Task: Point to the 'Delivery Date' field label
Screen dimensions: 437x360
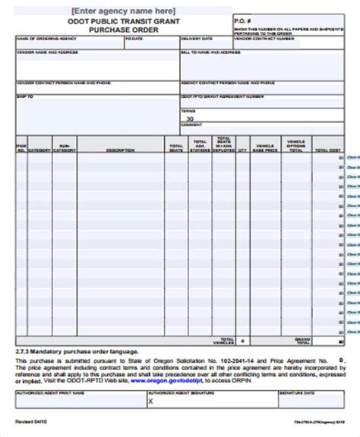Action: coord(195,38)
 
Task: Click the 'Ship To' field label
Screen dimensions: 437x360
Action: coord(24,96)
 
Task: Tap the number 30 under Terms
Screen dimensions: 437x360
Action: coord(190,118)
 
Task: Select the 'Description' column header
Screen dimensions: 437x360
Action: coord(120,149)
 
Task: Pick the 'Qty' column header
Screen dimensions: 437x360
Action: coord(242,149)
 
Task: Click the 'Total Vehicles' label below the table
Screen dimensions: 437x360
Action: coord(225,341)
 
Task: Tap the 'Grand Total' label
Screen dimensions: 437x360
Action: coord(303,341)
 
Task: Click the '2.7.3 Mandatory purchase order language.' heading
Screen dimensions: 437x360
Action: coord(77,351)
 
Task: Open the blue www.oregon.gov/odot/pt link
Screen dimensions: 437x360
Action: coord(163,380)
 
